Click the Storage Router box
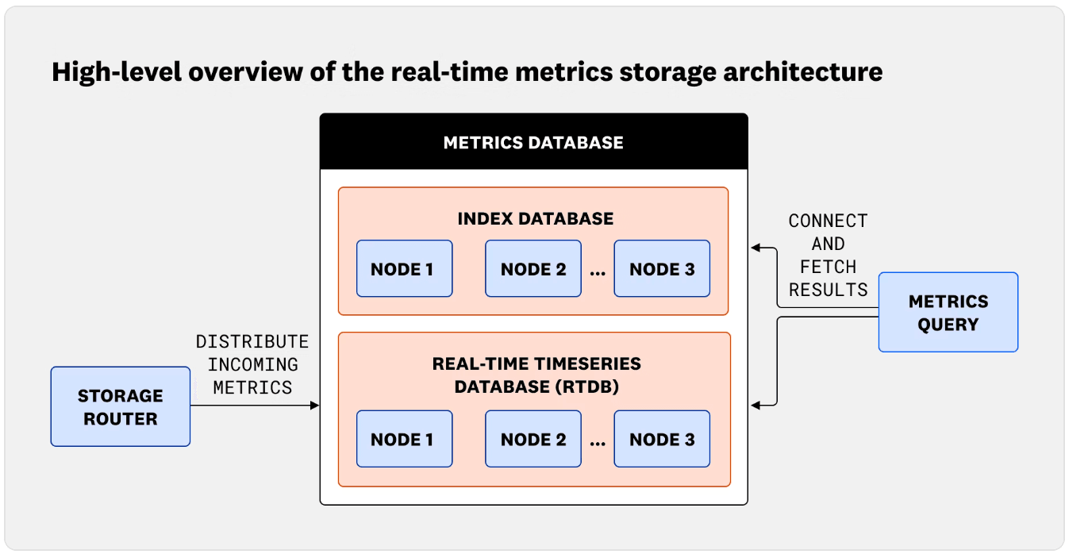121,406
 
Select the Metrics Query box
948,312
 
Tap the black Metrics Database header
533,143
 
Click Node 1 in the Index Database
404,269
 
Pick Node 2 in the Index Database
533,269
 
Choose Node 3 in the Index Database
662,269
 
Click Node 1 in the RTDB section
404,439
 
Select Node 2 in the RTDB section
533,439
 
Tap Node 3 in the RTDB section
662,439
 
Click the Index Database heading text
535,218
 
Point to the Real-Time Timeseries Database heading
536,375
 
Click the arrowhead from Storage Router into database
314,406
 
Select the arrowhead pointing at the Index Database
756,248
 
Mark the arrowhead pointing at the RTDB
756,406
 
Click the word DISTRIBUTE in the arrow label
252,342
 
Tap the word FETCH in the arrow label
828,267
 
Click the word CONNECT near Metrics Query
828,221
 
